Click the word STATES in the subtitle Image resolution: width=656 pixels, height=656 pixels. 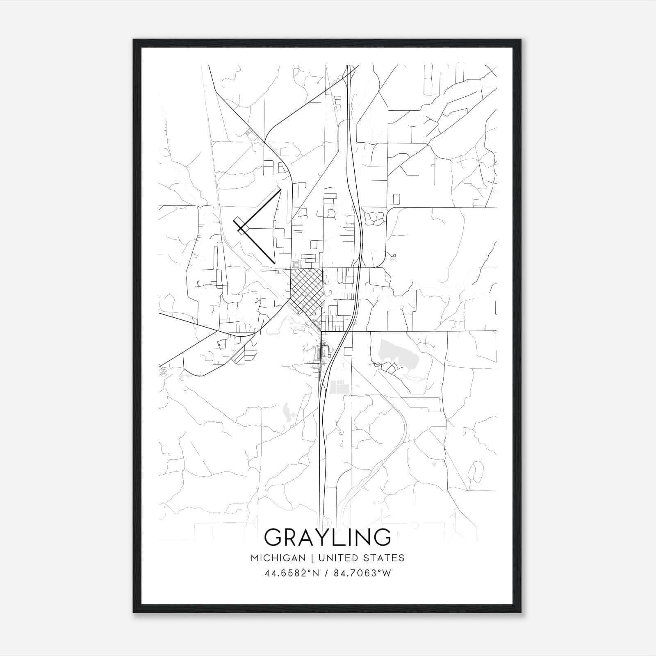[x=384, y=558]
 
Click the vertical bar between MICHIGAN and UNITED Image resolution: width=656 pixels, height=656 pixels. [x=312, y=558]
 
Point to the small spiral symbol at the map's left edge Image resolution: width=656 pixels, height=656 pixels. [x=164, y=373]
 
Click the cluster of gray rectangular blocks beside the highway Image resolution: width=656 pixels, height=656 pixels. [x=339, y=387]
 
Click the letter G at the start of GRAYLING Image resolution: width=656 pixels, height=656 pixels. [x=273, y=537]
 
